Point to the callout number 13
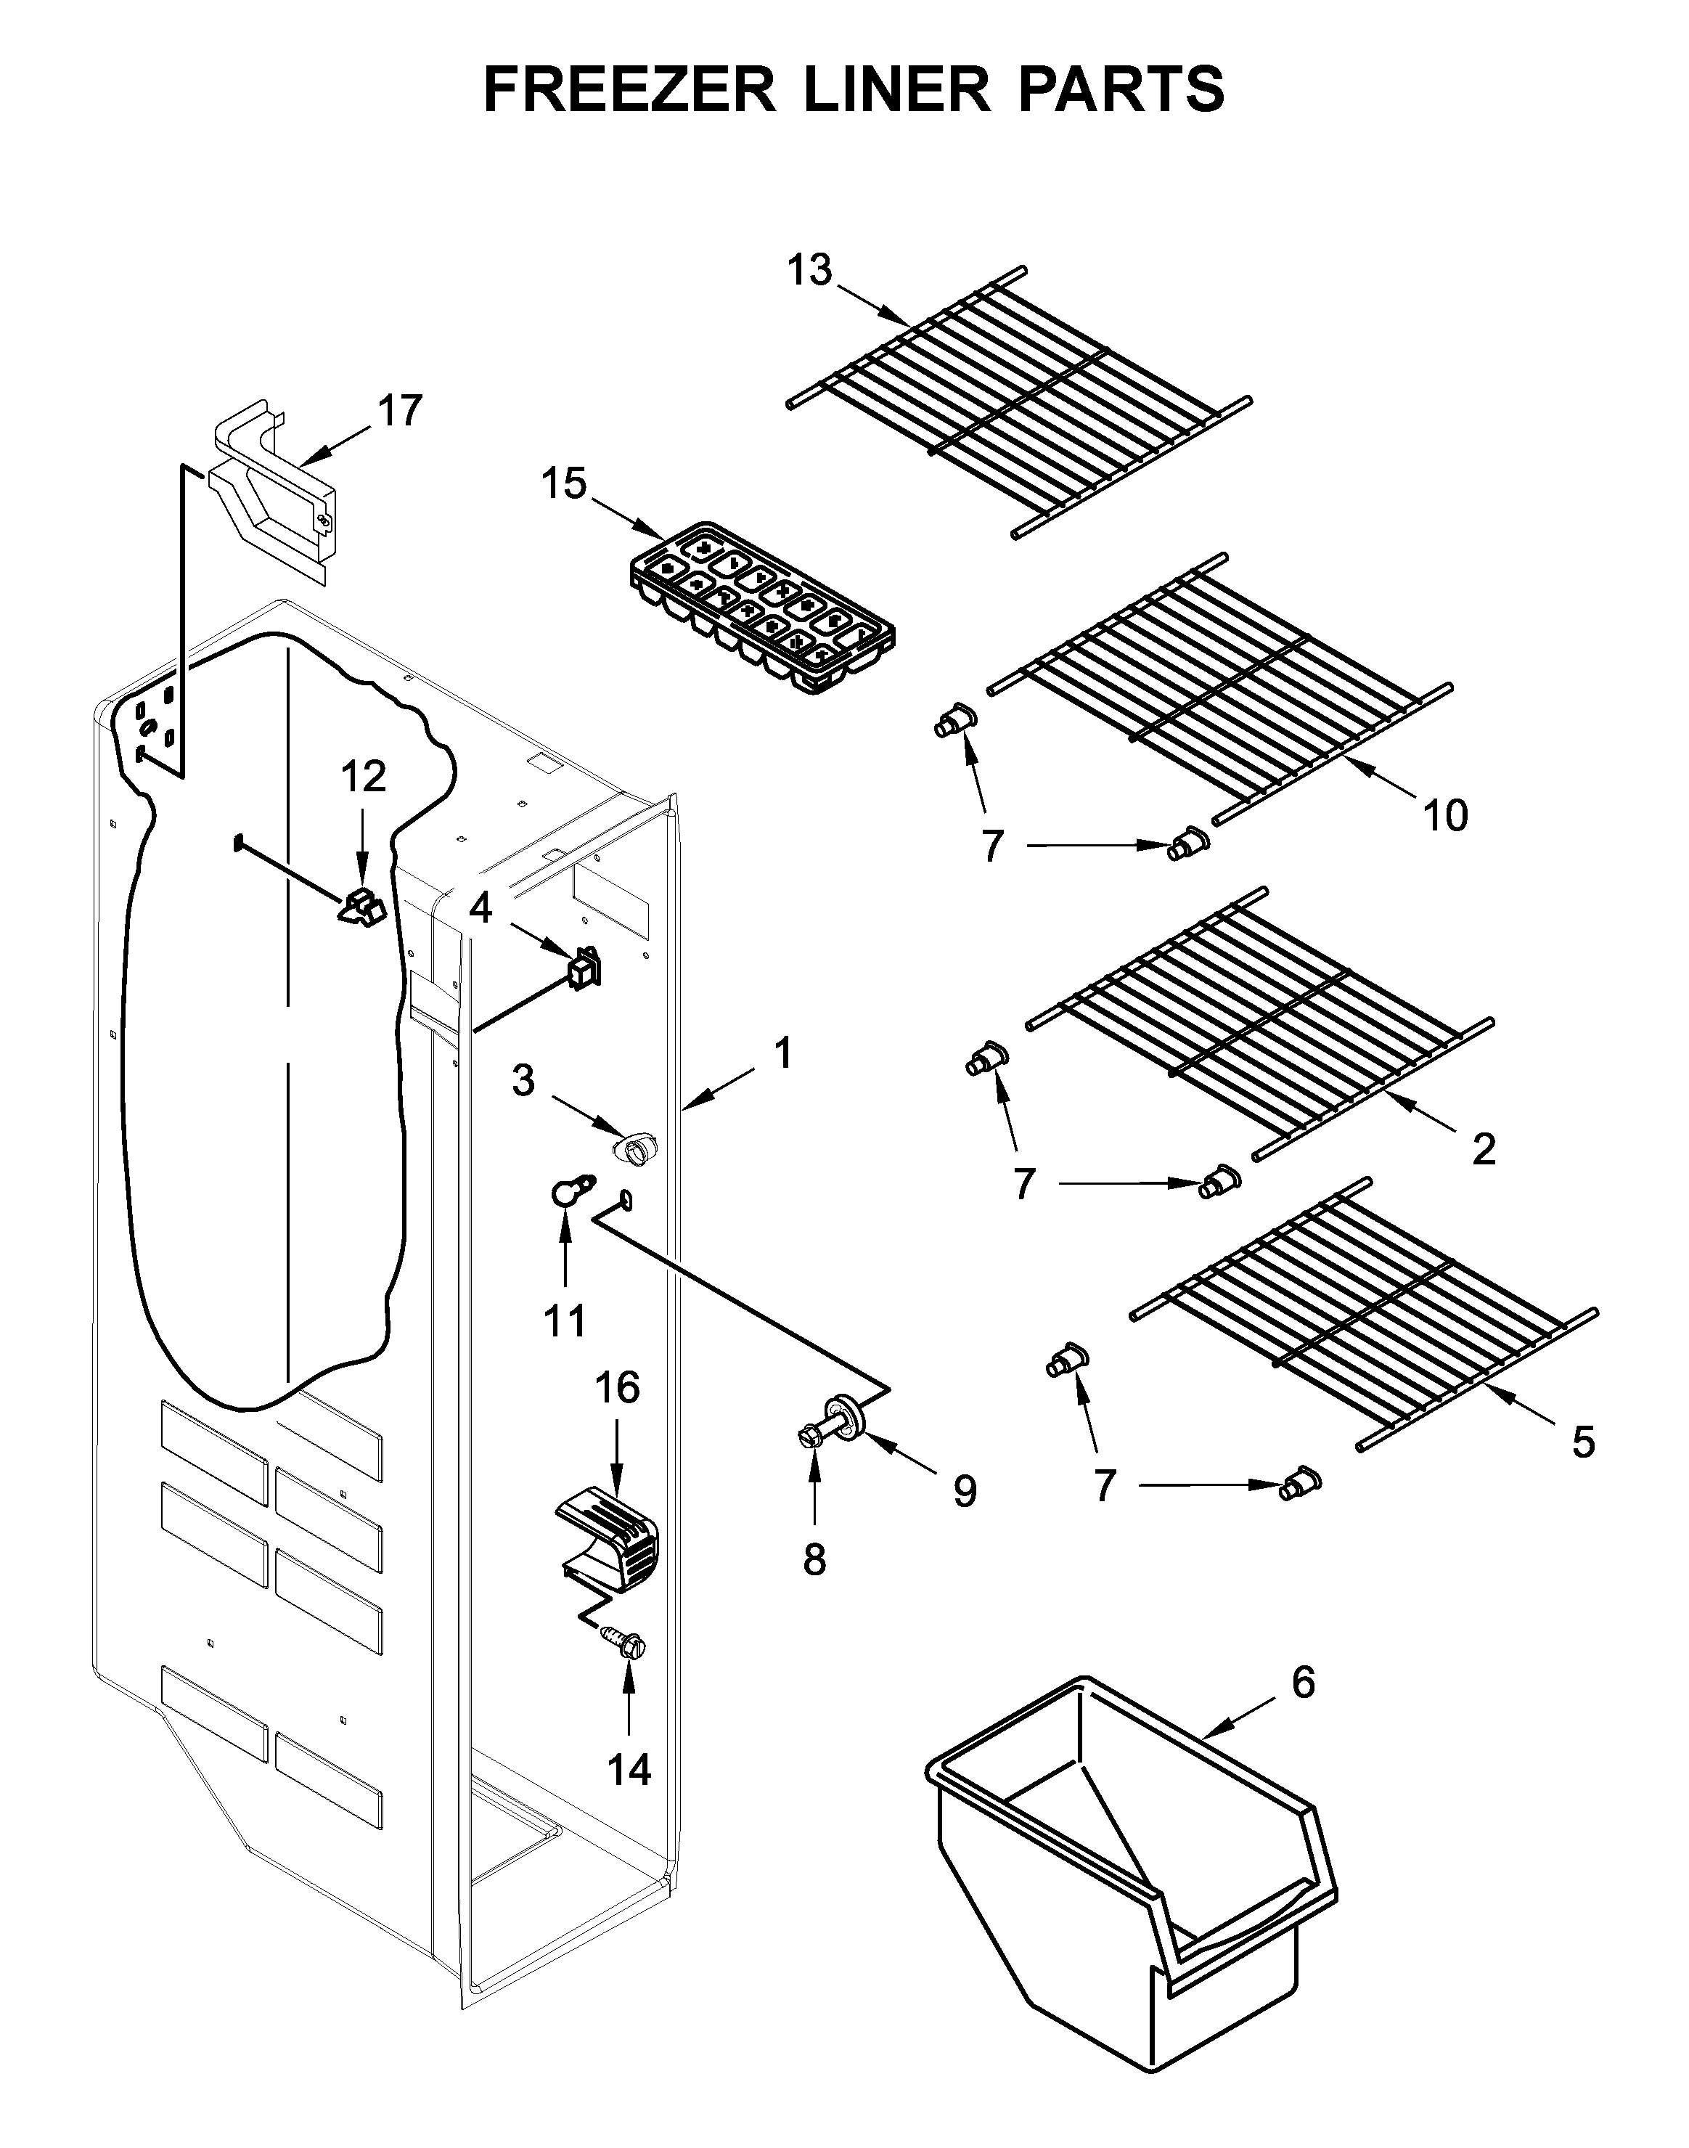(810, 269)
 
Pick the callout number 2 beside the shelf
(1484, 1148)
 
